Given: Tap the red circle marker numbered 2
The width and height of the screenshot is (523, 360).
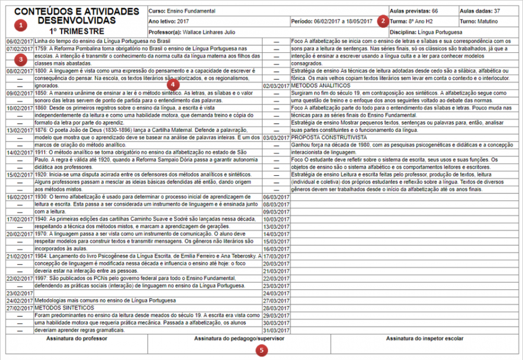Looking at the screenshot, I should click(382, 21).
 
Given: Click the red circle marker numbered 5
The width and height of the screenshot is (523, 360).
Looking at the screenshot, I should click(263, 350).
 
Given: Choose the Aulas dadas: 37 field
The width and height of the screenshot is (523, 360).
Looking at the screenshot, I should click(479, 11).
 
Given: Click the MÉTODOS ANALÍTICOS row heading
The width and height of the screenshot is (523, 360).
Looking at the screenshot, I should click(323, 85).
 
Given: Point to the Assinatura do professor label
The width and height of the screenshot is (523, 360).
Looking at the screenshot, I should click(75, 338).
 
